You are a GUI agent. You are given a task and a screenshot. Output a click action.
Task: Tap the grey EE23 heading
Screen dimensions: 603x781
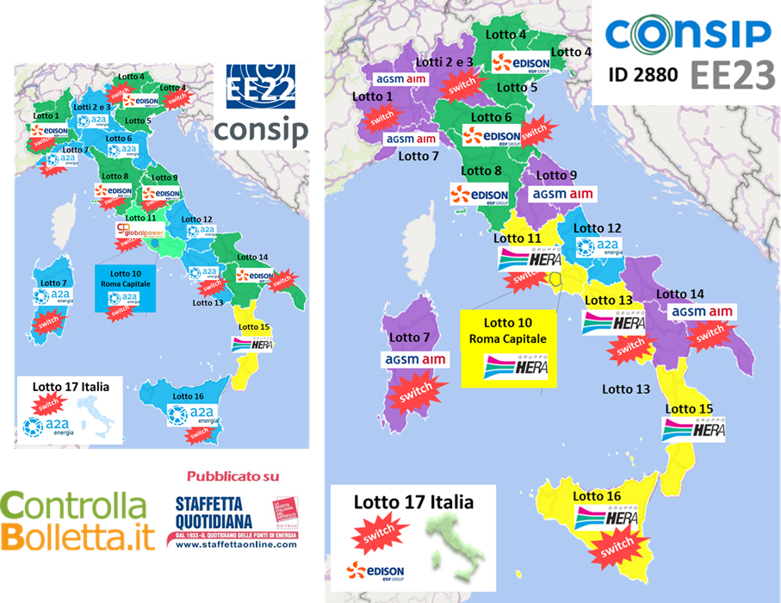(x=731, y=75)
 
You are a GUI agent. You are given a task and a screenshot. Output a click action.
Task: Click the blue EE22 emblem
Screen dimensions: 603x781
(x=259, y=86)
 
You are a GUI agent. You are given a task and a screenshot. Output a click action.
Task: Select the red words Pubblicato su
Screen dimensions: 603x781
(x=232, y=476)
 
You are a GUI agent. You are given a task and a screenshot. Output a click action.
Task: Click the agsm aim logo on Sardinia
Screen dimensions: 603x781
(x=414, y=358)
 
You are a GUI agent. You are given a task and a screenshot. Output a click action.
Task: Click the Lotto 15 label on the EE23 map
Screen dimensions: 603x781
(x=690, y=408)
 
